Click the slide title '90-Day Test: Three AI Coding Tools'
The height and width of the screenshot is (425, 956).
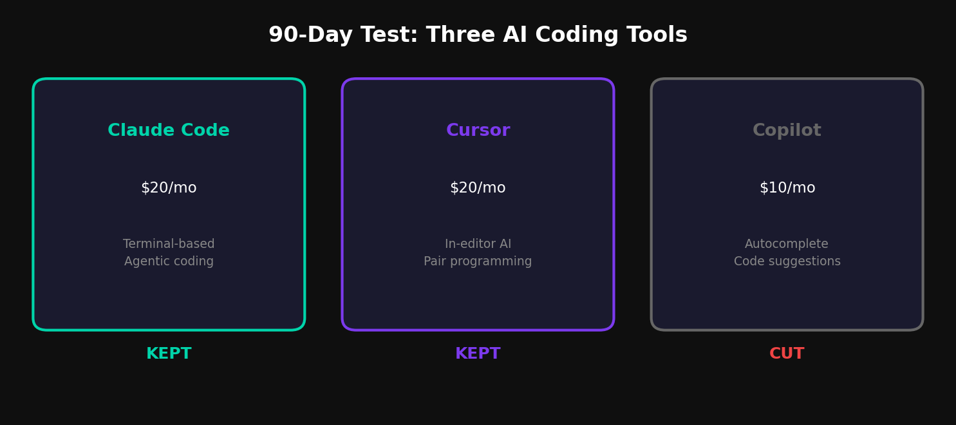click(478, 35)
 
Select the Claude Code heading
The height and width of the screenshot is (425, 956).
click(169, 131)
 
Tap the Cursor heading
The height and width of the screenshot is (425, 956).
click(478, 131)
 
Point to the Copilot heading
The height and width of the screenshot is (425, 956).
click(787, 131)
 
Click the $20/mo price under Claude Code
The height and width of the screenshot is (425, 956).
click(169, 188)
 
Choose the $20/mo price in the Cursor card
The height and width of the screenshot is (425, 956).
click(478, 188)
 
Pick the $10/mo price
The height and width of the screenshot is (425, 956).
click(787, 188)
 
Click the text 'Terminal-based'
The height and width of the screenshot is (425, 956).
click(169, 244)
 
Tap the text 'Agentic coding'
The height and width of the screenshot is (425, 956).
click(169, 261)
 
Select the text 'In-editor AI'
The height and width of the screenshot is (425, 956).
click(478, 244)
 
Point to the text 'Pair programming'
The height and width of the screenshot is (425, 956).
click(478, 261)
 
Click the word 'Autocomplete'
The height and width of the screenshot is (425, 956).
click(787, 244)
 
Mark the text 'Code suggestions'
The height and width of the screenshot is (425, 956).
click(787, 261)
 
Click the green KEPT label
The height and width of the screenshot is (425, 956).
click(169, 354)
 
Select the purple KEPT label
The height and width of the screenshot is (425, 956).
click(478, 354)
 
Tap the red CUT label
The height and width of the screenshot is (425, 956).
click(787, 354)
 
